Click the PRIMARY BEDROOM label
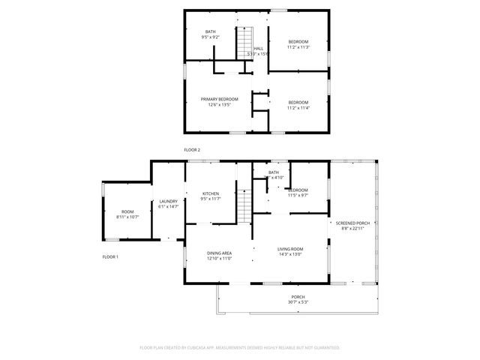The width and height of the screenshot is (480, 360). pyautogui.click(x=219, y=99)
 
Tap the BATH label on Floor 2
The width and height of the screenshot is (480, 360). pyautogui.click(x=210, y=31)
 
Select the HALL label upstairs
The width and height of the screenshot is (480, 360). pyautogui.click(x=258, y=49)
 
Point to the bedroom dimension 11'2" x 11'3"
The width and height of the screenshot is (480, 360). pyautogui.click(x=298, y=46)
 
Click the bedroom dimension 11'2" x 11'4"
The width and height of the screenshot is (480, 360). pyautogui.click(x=298, y=107)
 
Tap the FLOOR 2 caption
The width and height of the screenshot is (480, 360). pyautogui.click(x=192, y=150)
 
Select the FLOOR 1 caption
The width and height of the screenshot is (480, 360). pyautogui.click(x=110, y=256)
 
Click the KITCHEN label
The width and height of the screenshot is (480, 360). pyautogui.click(x=210, y=193)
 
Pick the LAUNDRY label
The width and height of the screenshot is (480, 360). pyautogui.click(x=168, y=201)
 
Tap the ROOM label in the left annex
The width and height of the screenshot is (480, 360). pyautogui.click(x=127, y=211)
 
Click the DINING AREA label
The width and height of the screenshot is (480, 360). pyautogui.click(x=219, y=253)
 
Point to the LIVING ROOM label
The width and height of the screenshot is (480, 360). pyautogui.click(x=290, y=249)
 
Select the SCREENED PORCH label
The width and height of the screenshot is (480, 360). pyautogui.click(x=352, y=223)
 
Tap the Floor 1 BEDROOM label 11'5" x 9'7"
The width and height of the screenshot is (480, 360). pyautogui.click(x=298, y=190)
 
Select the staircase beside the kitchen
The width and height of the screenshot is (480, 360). pyautogui.click(x=244, y=202)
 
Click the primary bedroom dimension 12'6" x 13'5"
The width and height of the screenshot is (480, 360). pyautogui.click(x=219, y=105)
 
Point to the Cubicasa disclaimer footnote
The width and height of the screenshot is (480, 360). pyautogui.click(x=240, y=347)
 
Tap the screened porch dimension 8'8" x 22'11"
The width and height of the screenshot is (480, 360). pyautogui.click(x=352, y=229)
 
